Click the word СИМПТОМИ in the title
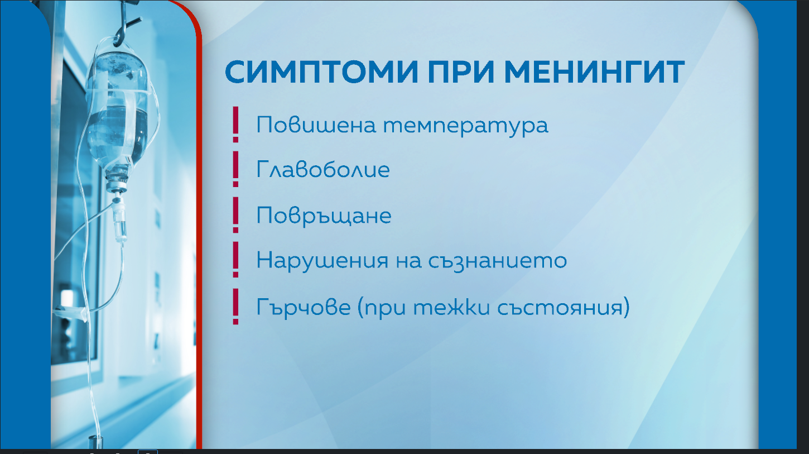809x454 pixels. click(321, 72)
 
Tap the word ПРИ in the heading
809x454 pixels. click(461, 72)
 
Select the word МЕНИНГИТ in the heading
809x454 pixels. click(594, 72)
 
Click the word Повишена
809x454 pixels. click(316, 125)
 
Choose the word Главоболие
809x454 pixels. click(323, 170)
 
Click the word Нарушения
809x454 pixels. click(322, 261)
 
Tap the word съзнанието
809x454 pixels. click(498, 261)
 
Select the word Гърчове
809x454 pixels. click(304, 308)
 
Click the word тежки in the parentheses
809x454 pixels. click(452, 307)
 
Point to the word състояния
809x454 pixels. click(560, 308)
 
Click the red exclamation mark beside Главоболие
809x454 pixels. click(235, 169)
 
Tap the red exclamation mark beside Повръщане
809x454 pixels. click(235, 214)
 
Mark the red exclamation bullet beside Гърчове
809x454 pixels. click(235, 307)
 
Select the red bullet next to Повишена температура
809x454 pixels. click(235, 125)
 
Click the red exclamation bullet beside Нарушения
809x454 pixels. click(235, 260)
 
